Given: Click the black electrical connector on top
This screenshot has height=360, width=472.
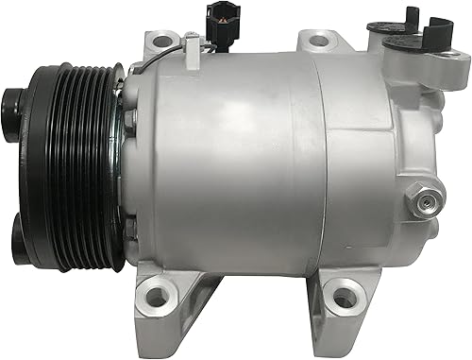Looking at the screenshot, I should coord(205,20).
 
